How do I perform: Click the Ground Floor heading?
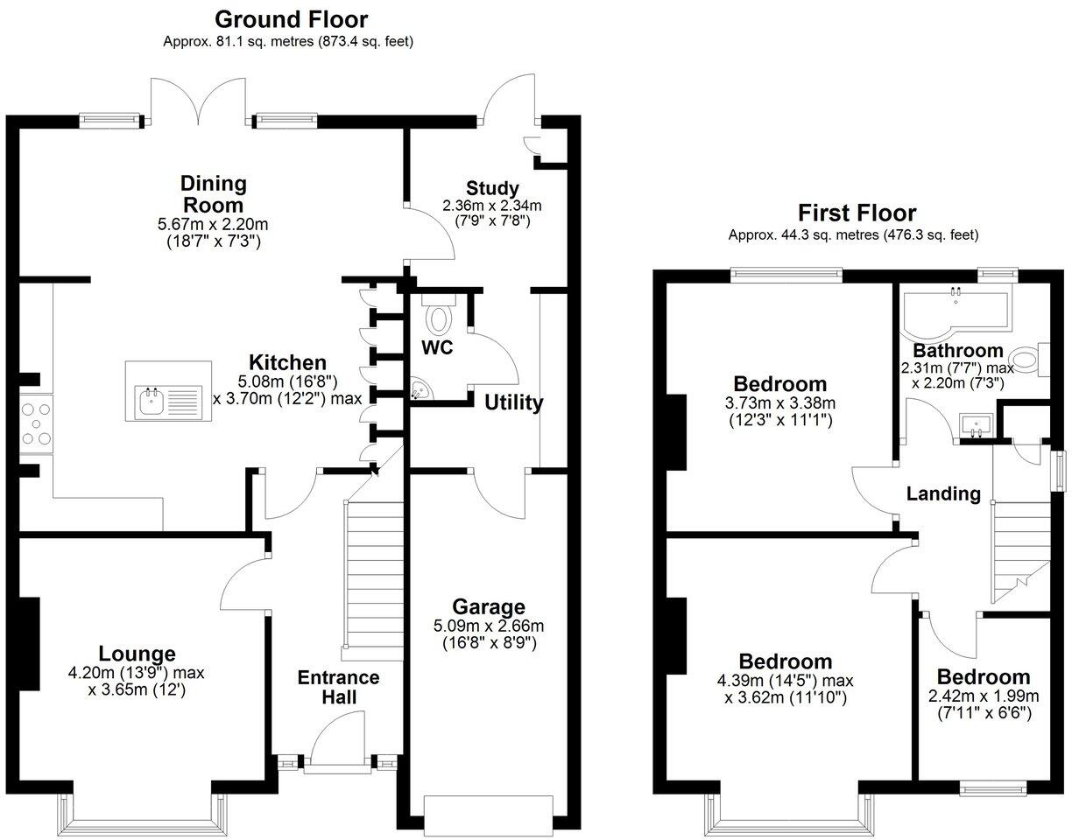click(x=291, y=18)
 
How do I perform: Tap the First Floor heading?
click(x=857, y=213)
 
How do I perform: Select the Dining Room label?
click(x=214, y=193)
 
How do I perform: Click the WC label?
click(x=437, y=347)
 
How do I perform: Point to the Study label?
click(x=492, y=188)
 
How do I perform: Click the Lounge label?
click(x=137, y=654)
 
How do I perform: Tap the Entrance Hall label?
click(x=338, y=687)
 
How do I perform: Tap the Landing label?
click(x=943, y=493)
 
